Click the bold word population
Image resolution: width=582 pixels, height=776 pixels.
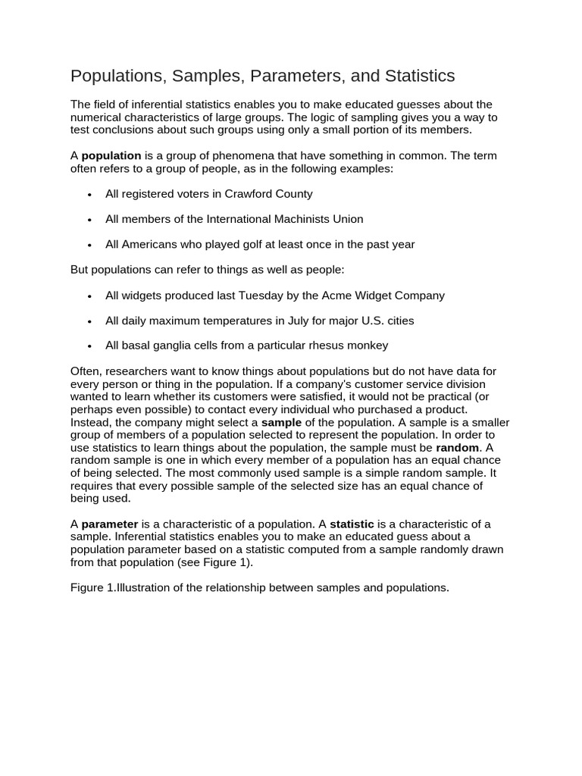click(x=111, y=156)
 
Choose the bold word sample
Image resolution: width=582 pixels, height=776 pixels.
click(x=281, y=422)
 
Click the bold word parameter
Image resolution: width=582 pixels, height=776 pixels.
click(x=110, y=524)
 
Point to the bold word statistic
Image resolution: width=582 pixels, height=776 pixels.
click(x=352, y=524)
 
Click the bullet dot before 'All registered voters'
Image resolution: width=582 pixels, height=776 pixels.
click(x=89, y=195)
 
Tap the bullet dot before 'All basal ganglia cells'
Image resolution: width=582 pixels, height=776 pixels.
click(x=89, y=346)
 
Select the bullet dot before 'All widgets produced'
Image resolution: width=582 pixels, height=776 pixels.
click(x=89, y=296)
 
